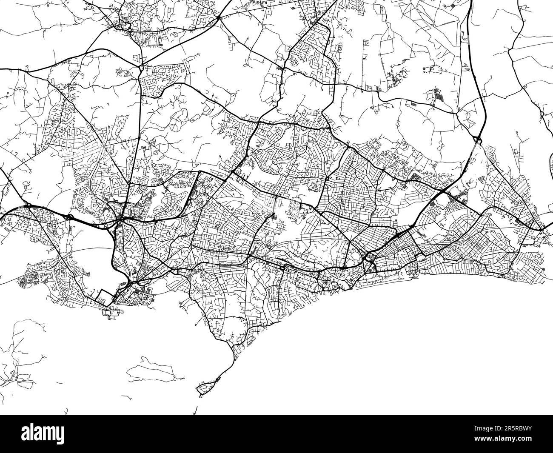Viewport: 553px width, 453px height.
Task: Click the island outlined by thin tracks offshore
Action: tap(151, 368)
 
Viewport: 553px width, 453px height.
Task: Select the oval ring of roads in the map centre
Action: tap(295, 210)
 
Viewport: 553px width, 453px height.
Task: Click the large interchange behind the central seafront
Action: tap(368, 258)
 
